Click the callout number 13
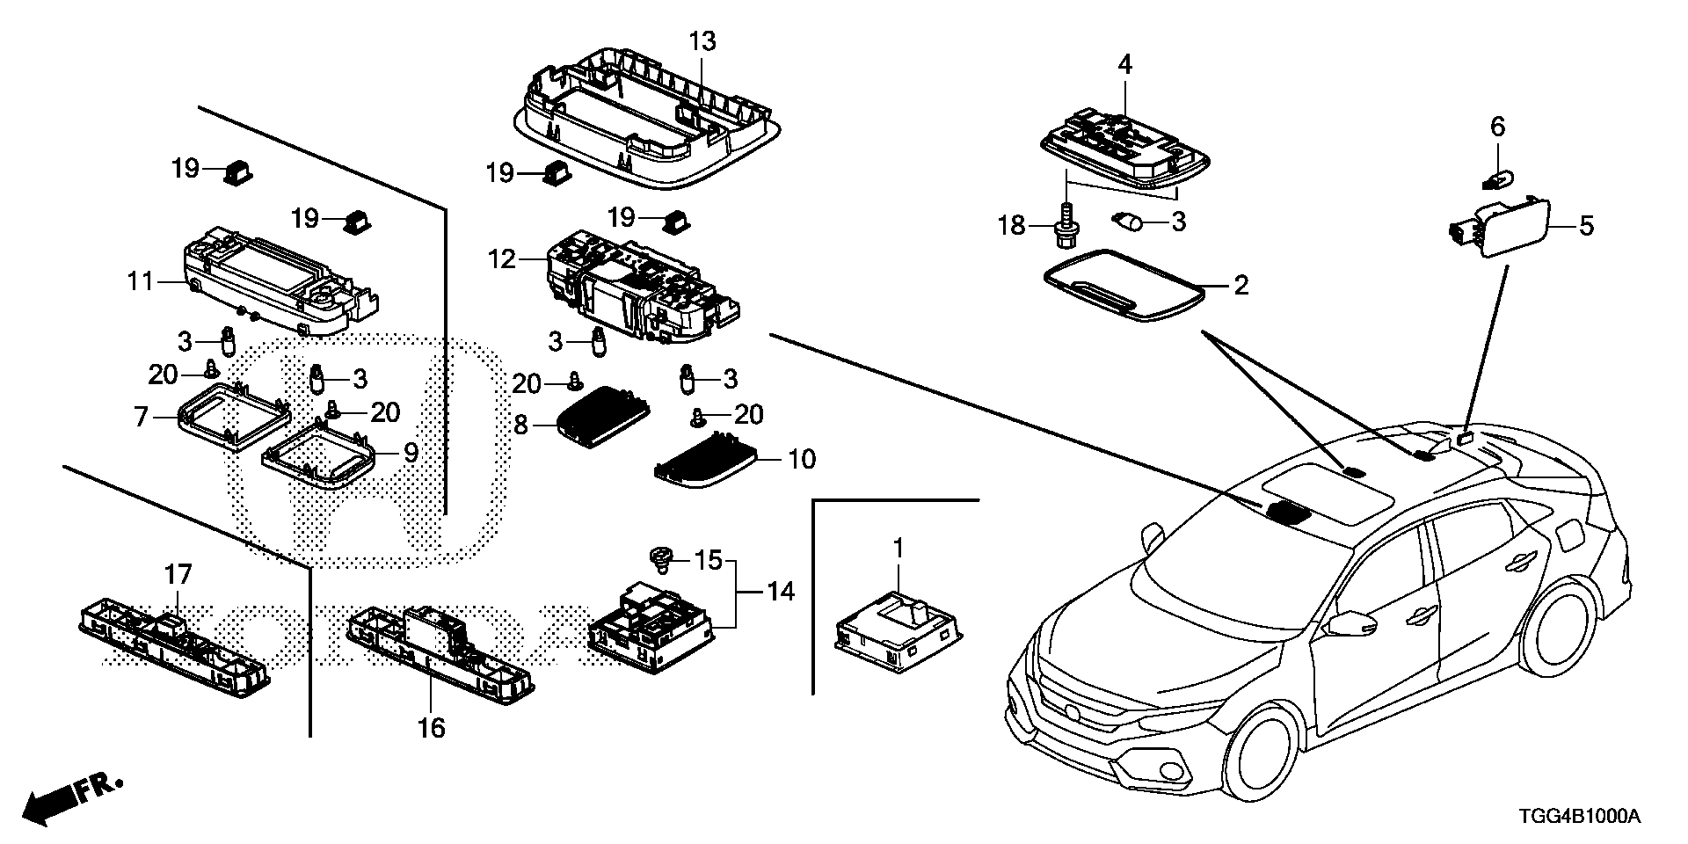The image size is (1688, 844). [x=702, y=41]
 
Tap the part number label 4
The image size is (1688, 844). [x=1124, y=63]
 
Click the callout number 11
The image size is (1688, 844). [x=141, y=281]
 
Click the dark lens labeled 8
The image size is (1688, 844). [x=604, y=413]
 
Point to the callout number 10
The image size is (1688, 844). [x=802, y=458]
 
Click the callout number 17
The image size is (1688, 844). [x=178, y=576]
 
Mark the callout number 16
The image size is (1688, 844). [x=433, y=727]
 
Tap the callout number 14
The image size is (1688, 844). [x=780, y=592]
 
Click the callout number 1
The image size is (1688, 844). [x=899, y=548]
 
